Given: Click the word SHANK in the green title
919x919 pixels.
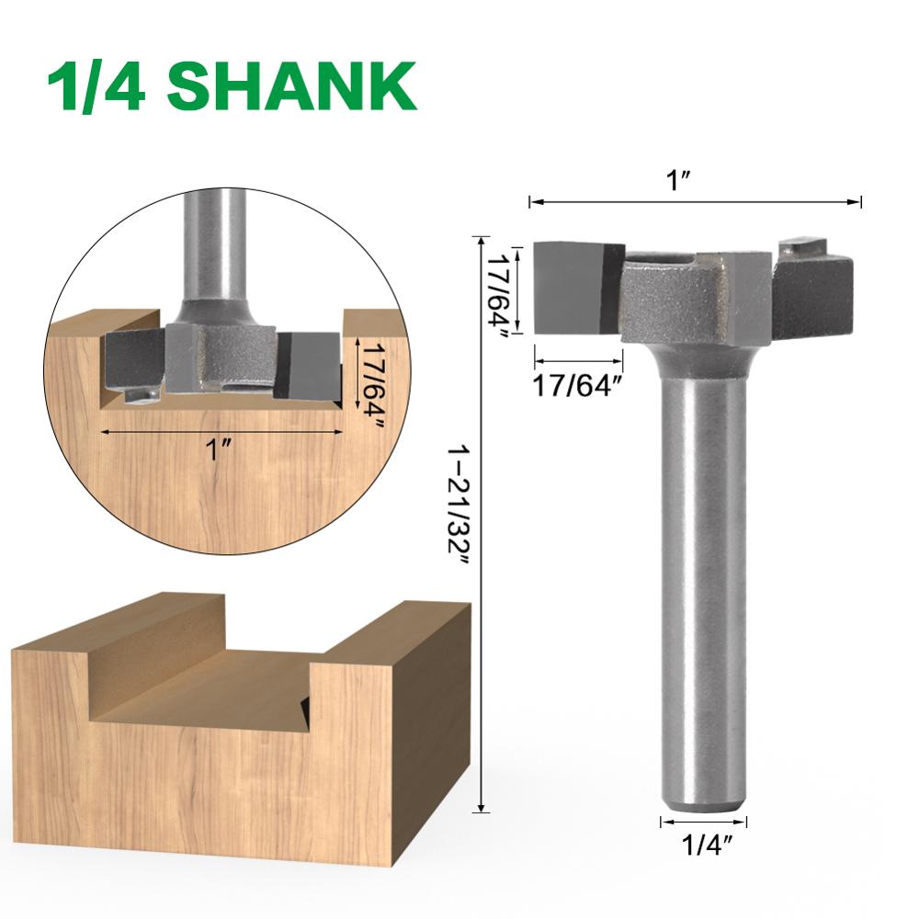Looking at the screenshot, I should [x=291, y=87].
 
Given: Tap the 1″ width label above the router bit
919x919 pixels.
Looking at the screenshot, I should [x=681, y=180].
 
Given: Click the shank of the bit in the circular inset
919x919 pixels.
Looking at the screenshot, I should [x=214, y=248].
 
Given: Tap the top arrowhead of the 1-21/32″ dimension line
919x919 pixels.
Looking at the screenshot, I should [x=480, y=241].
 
